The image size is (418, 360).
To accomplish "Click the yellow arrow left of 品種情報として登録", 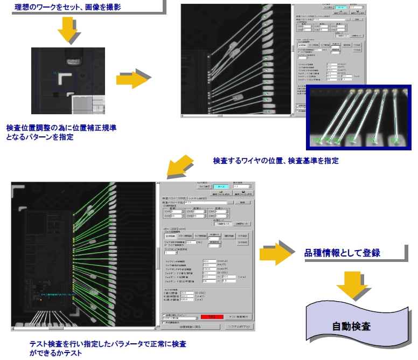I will (x=277, y=253).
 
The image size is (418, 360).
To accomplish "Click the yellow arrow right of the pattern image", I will (x=132, y=79).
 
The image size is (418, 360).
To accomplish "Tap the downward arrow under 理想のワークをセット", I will (x=68, y=30).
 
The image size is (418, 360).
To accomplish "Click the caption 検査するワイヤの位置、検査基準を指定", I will (x=275, y=161).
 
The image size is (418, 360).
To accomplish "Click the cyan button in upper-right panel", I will (x=341, y=8).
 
